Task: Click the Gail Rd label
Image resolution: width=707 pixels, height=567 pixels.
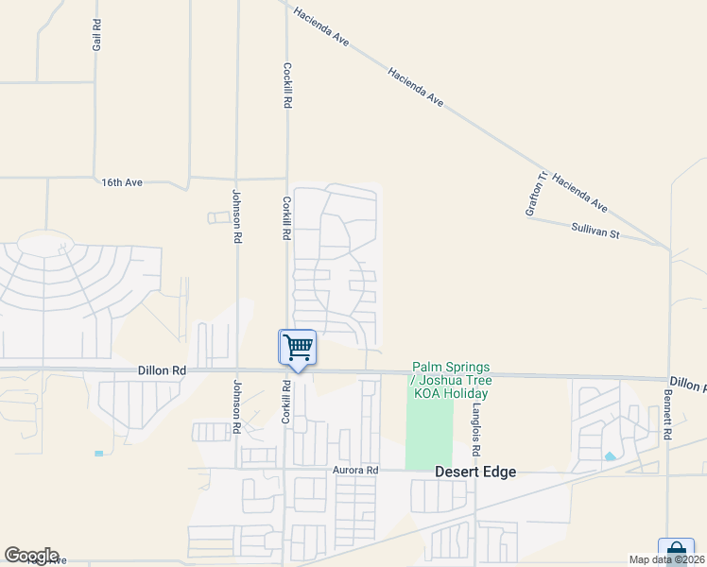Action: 96,35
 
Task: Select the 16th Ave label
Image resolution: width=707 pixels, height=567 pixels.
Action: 122,181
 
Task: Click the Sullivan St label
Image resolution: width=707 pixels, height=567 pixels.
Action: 595,230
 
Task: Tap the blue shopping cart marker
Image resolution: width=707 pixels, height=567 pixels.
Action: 298,348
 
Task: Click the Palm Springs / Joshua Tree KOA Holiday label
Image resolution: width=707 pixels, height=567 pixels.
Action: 450,379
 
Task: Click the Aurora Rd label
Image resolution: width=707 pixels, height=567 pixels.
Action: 355,470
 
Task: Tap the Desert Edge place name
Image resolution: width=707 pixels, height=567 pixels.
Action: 475,472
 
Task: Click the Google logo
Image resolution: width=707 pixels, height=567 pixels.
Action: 31,556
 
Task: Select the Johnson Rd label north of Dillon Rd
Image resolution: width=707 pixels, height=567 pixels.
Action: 236,216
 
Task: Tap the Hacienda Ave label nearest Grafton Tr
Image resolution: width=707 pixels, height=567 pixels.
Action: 579,193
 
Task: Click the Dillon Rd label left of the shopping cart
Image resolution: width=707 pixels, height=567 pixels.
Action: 162,371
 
